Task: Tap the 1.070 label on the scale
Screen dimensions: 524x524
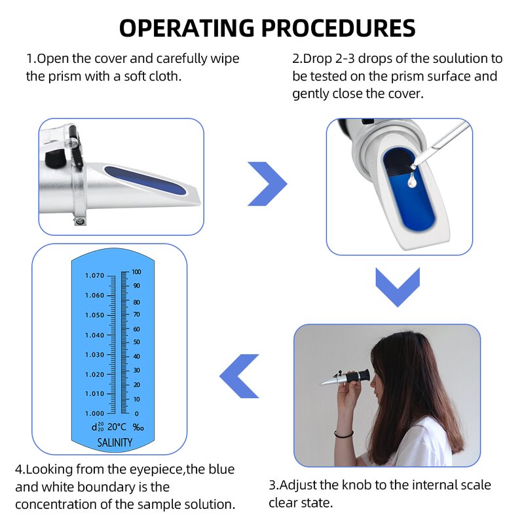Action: tap(94, 276)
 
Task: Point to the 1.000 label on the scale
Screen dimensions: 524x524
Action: tap(94, 413)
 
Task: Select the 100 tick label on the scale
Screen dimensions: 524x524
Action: tap(136, 271)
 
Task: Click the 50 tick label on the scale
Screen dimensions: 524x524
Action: tap(136, 342)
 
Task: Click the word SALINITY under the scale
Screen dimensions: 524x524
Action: tap(115, 443)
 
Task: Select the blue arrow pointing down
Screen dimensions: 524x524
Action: tap(397, 286)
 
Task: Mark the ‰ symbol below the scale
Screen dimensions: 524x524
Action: tap(138, 427)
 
